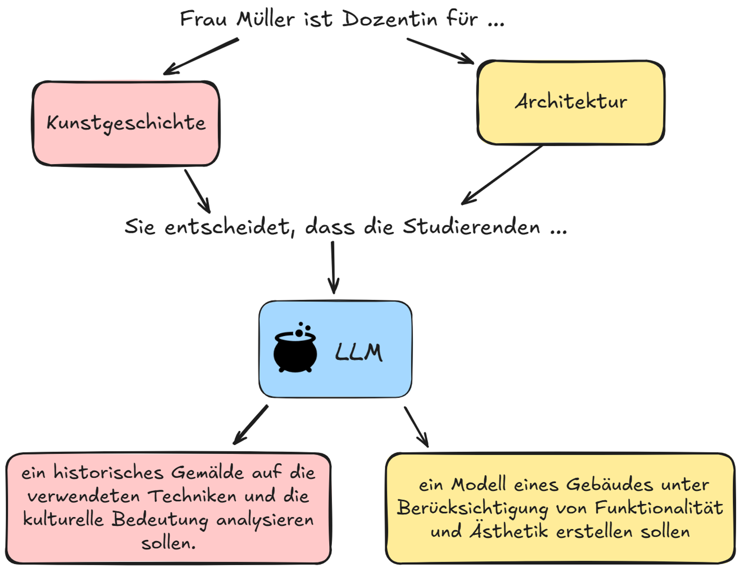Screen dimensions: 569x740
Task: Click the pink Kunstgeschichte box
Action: [x=126, y=124]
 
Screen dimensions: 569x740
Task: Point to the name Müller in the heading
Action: [x=266, y=19]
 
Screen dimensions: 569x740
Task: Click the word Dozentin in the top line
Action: [x=389, y=19]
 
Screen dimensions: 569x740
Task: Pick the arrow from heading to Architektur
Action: [x=440, y=51]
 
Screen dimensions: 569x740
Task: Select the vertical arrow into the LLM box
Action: [x=333, y=267]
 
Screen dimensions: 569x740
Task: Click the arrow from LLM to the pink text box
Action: [x=251, y=425]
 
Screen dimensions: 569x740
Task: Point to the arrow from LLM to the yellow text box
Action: [x=416, y=427]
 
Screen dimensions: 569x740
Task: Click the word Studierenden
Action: [x=471, y=227]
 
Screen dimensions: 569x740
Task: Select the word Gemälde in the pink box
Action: [x=207, y=473]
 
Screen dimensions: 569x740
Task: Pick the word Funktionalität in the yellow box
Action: [x=659, y=508]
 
